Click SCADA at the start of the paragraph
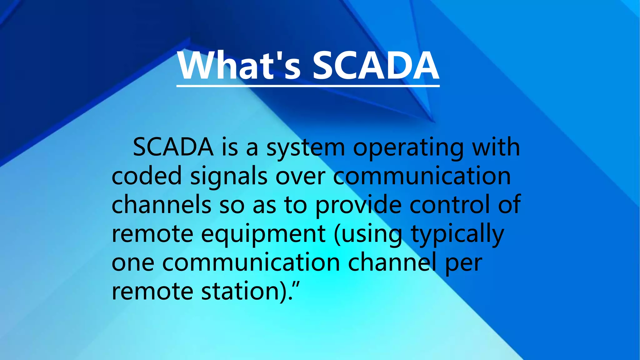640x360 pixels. (173, 147)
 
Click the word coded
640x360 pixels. (147, 176)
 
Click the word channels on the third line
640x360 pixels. (161, 204)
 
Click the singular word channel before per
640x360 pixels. (392, 262)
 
